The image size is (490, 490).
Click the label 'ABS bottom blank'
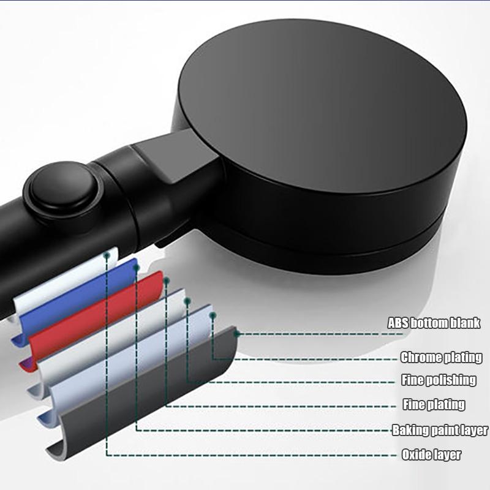pyautogui.click(x=434, y=323)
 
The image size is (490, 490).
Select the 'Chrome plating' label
pyautogui.click(x=441, y=357)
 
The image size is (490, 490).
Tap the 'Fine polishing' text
pyautogui.click(x=439, y=380)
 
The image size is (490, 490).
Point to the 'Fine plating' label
pyautogui.click(x=434, y=404)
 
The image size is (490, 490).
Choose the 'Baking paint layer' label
pyautogui.click(x=440, y=430)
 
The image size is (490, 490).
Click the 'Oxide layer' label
pyautogui.click(x=431, y=454)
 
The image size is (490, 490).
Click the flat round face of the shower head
pyautogui.click(x=322, y=106)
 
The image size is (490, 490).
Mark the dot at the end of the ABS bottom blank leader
pyautogui.click(x=236, y=334)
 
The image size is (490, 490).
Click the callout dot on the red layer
pyautogui.click(x=167, y=281)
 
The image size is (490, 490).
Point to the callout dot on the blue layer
pyautogui.click(x=136, y=266)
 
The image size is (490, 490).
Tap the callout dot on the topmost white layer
pyautogui.click(x=107, y=255)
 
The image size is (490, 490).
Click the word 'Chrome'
pyautogui.click(x=421, y=357)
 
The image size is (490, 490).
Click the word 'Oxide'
pyautogui.click(x=416, y=454)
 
